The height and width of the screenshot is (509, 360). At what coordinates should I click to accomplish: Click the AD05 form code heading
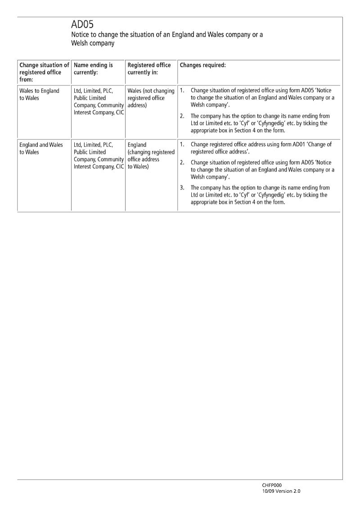[82, 24]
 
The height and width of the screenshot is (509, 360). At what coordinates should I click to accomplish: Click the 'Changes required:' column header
[202, 65]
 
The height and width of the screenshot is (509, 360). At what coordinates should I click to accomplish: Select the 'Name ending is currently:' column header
[93, 69]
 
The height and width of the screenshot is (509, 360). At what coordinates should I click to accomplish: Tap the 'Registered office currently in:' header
[149, 69]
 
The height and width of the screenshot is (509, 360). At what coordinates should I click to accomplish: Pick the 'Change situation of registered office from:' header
[44, 72]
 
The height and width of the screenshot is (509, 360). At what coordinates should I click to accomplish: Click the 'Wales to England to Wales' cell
[39, 94]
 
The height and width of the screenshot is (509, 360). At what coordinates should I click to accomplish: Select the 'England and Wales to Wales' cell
[41, 148]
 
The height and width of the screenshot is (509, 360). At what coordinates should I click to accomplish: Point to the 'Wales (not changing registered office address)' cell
[151, 98]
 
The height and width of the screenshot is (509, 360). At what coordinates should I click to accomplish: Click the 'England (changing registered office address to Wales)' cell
[151, 155]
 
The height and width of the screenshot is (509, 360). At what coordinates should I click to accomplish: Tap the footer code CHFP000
[272, 485]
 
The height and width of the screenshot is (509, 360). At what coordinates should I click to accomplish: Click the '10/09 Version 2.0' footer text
[281, 491]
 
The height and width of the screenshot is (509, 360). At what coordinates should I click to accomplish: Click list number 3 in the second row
[182, 188]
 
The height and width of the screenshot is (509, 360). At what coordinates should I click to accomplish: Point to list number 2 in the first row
[182, 116]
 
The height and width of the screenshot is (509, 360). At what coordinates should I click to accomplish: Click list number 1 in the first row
[182, 90]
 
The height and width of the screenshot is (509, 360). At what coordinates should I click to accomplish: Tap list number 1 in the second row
[182, 144]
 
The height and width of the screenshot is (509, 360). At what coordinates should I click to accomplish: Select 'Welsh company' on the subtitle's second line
[93, 44]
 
